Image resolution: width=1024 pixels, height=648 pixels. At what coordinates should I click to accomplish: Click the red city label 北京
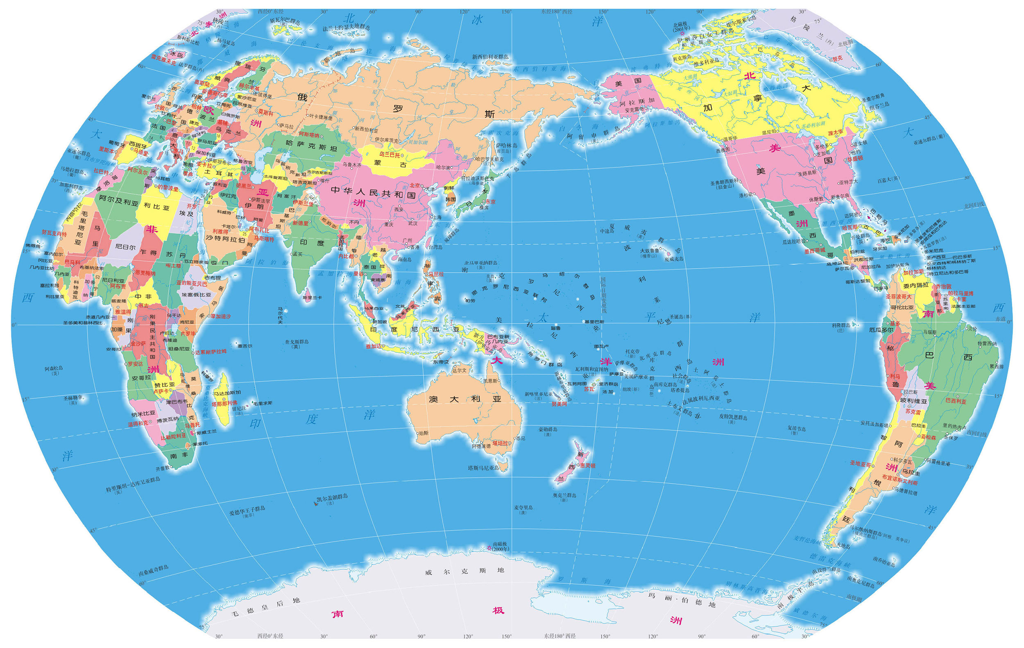415,185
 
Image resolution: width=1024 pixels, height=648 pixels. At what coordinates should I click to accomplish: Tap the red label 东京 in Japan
490,202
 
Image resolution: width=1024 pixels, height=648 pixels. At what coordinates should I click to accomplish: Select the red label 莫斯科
266,113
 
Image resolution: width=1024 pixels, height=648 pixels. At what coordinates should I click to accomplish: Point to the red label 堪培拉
500,443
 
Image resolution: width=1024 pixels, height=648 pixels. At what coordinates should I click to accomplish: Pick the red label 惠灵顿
588,465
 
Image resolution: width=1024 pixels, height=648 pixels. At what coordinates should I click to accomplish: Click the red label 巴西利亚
956,401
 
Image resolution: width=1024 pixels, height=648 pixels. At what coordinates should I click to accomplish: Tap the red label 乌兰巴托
390,155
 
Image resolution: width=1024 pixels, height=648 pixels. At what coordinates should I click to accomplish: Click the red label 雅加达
374,346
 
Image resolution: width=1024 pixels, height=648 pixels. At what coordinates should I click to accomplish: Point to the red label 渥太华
835,133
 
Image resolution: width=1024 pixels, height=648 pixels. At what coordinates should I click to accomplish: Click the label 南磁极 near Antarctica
500,544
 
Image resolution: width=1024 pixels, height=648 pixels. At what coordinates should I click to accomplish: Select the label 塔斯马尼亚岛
483,468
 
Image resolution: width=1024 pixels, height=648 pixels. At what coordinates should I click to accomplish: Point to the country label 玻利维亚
913,400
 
